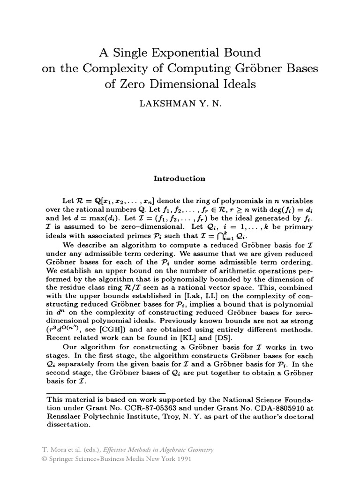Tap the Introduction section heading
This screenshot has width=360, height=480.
(x=180, y=179)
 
